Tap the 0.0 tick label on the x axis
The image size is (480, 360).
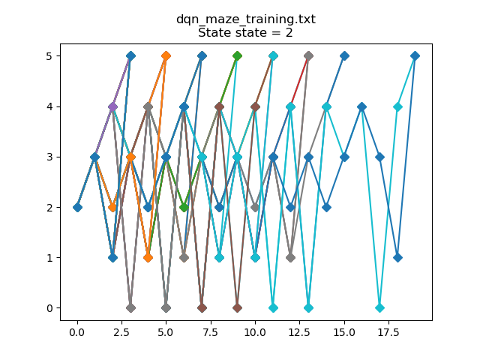tap(77, 331)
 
